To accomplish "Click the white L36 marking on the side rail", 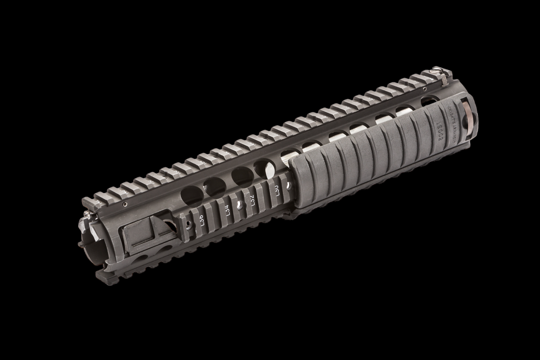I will point(202,221).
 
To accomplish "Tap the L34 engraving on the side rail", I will point(228,210).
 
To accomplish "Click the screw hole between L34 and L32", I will point(240,206).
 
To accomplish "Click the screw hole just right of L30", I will point(288,186).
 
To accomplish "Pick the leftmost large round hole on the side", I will point(192,195).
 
